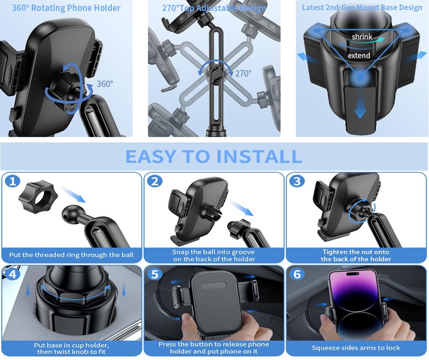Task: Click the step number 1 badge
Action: coord(13,182)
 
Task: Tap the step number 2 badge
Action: coord(155,182)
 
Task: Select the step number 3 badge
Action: coord(297,182)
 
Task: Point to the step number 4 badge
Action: coord(13,274)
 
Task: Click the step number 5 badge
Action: coord(155,274)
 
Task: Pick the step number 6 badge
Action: coord(297,274)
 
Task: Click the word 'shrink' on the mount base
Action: coord(362,37)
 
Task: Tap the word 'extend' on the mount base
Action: coord(359,56)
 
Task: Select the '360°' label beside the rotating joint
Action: coord(105,84)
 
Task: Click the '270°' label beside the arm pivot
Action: coord(243,73)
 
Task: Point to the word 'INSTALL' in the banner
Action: coord(259,157)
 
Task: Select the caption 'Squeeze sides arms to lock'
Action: coord(356,348)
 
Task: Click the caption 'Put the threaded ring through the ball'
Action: coord(71,255)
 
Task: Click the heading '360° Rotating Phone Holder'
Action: coord(66,8)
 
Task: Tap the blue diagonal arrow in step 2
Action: coord(241,208)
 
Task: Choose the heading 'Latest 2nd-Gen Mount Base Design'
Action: coord(362,8)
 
